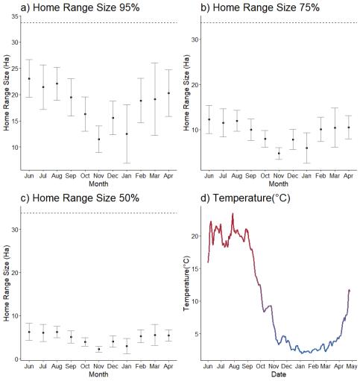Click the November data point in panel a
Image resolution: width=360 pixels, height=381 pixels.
pyautogui.click(x=99, y=139)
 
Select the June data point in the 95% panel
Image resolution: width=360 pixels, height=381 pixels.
pyautogui.click(x=29, y=78)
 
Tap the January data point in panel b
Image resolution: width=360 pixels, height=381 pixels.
pyautogui.click(x=306, y=148)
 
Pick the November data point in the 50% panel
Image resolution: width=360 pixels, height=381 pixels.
pyautogui.click(x=99, y=349)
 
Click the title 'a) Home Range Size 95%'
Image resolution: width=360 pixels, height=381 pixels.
pyautogui.click(x=80, y=7)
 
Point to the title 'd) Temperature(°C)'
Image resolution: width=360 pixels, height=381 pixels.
pyautogui.click(x=245, y=198)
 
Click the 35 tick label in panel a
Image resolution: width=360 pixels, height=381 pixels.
pyautogui.click(x=15, y=16)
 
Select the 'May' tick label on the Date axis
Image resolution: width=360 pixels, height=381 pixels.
pyautogui.click(x=352, y=366)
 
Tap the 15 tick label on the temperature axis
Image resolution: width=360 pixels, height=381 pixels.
pyautogui.click(x=195, y=268)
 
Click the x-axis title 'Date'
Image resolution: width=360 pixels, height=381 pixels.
pyautogui.click(x=279, y=374)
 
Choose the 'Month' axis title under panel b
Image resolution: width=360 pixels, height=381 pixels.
pyautogui.click(x=279, y=184)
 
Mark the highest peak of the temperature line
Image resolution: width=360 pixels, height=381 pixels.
pyautogui.click(x=233, y=213)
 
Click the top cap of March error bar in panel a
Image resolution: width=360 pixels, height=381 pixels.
pyautogui.click(x=155, y=63)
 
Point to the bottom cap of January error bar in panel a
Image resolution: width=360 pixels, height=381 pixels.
pyautogui.click(x=127, y=163)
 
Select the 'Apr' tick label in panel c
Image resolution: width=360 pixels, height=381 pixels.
pyautogui.click(x=168, y=366)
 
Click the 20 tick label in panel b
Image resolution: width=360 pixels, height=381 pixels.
pyautogui.click(x=195, y=85)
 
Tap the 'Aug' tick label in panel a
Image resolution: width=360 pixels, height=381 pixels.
pyautogui.click(x=57, y=176)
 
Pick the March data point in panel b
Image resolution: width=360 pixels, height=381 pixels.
pyautogui.click(x=335, y=127)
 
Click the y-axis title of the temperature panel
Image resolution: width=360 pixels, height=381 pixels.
pyautogui.click(x=186, y=283)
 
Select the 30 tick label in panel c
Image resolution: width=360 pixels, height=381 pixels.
pyautogui.click(x=15, y=230)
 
